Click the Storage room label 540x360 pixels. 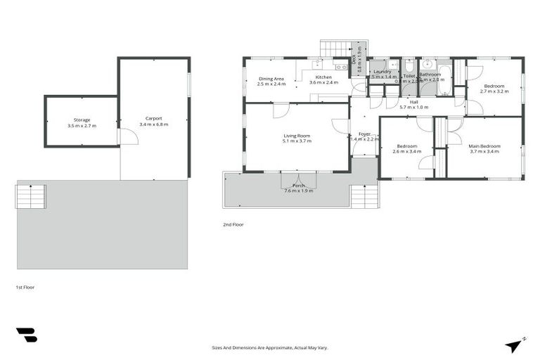click(82, 120)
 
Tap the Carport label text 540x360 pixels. click(153, 118)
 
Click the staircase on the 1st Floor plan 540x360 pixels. click(30, 196)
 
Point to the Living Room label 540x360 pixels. click(297, 136)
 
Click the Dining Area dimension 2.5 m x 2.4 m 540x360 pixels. click(271, 84)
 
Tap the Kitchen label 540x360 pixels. click(323, 77)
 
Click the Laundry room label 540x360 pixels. click(382, 71)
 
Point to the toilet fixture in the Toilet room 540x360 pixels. click(409, 65)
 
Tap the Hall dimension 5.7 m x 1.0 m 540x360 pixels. click(413, 107)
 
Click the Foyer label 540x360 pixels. click(364, 133)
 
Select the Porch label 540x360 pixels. click(299, 186)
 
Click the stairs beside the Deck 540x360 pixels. click(336, 49)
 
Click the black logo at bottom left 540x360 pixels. click(26, 335)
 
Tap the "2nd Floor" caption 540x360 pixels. click(233, 225)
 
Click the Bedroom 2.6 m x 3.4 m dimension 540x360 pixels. click(406, 151)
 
